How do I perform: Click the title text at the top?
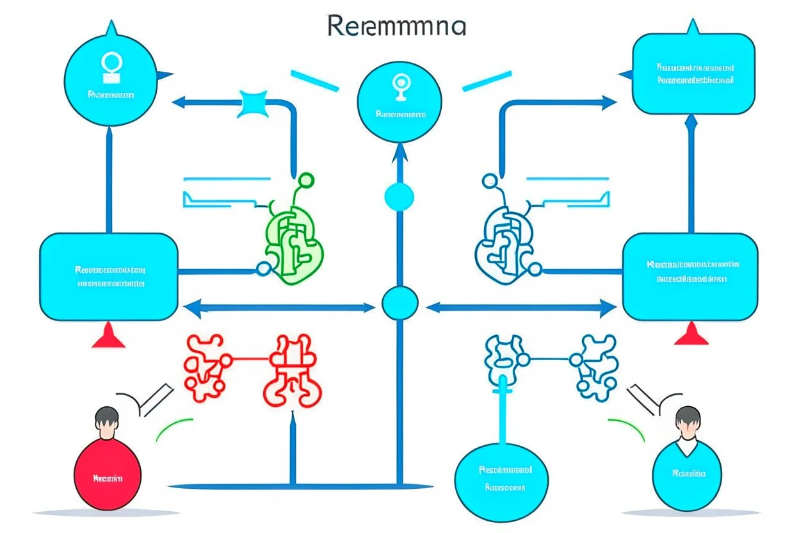tap(397, 26)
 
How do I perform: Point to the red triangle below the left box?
tap(108, 336)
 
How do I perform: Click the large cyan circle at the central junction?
tap(400, 304)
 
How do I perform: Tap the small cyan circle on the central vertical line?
tap(399, 196)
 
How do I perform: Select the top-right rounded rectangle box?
tap(693, 73)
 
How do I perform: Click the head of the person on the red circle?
tap(106, 420)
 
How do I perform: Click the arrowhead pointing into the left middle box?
tap(190, 308)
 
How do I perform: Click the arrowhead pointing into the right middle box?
tap(609, 308)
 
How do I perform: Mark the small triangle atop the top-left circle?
tap(113, 28)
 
